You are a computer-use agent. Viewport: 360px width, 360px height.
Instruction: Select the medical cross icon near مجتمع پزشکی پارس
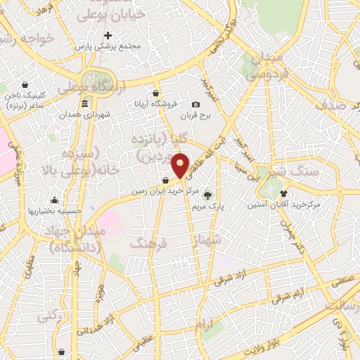[108, 34]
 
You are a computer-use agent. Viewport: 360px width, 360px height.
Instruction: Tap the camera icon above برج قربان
[195, 104]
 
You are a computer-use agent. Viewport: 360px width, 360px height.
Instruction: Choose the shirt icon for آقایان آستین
[283, 193]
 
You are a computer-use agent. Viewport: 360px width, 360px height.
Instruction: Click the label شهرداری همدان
[85, 115]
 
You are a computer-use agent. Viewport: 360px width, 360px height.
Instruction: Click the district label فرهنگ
[148, 243]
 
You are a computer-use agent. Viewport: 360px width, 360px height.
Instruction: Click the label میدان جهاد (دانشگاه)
[77, 238]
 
